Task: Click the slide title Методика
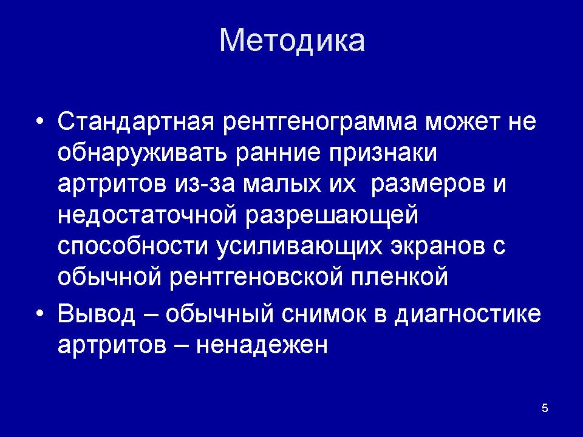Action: click(x=292, y=40)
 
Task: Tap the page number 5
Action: click(x=545, y=408)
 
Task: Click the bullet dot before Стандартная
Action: click(x=40, y=121)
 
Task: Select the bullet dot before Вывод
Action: click(x=40, y=313)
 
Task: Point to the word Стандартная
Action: click(x=136, y=122)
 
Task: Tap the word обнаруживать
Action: click(x=142, y=154)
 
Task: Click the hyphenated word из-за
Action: click(x=204, y=185)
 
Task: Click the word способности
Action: click(x=133, y=246)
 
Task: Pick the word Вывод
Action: click(x=97, y=314)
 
